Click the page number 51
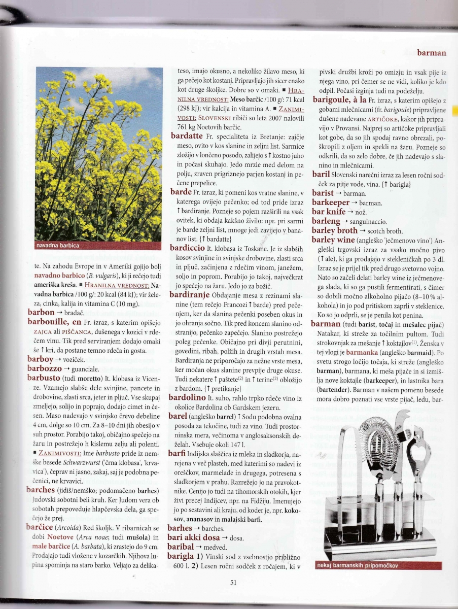pos(233,583)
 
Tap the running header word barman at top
pos(431,52)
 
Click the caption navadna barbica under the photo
pos(57,246)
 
